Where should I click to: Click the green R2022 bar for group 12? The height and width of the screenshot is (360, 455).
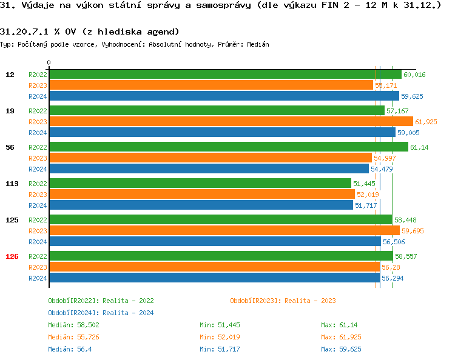[224, 75]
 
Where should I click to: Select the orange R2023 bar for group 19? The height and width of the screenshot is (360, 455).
[231, 122]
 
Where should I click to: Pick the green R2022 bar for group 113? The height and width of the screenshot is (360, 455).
[200, 184]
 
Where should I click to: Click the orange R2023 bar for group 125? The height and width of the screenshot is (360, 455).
[224, 231]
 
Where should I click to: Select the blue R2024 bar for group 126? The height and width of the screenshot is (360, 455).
[214, 278]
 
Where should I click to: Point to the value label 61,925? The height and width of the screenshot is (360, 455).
[426, 122]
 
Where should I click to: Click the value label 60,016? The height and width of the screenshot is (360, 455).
[414, 75]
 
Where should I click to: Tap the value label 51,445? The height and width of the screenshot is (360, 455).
[364, 184]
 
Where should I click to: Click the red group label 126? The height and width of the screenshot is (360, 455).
[12, 256]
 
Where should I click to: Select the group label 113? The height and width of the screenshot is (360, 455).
[12, 184]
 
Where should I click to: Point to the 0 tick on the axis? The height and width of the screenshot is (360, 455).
[49, 62]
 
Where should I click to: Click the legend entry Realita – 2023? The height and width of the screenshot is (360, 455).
[283, 301]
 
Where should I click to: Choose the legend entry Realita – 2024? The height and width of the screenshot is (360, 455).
[101, 313]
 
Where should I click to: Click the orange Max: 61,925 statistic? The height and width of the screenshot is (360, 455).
[341, 337]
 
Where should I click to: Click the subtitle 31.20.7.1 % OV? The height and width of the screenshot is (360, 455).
[89, 32]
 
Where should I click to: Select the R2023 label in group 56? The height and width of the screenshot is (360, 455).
[38, 158]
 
